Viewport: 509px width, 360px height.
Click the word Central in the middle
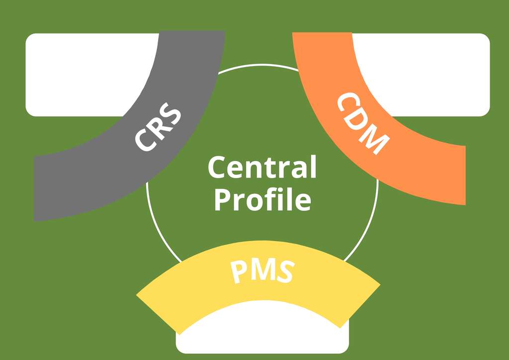pyautogui.click(x=262, y=168)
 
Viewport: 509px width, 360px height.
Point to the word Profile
pyautogui.click(x=262, y=200)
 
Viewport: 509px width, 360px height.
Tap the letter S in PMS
pyautogui.click(x=284, y=272)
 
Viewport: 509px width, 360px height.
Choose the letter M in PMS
pyautogui.click(x=261, y=271)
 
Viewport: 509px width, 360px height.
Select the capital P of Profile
pyautogui.click(x=222, y=200)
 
